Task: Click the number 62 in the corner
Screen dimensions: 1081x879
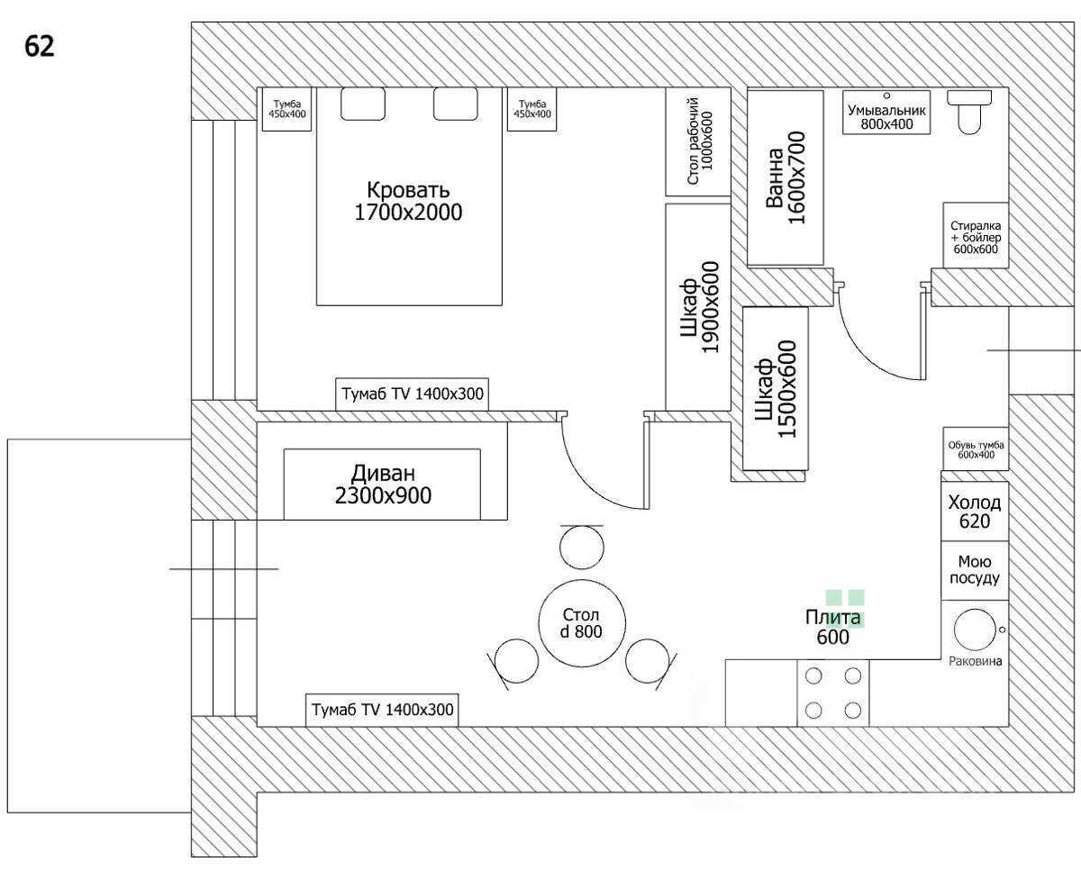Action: pos(39,46)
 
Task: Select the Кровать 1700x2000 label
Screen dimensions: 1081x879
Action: pos(408,202)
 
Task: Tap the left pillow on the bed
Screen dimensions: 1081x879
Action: pos(362,104)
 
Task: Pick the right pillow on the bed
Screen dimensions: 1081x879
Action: pos(455,104)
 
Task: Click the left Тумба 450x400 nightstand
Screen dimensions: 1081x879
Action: pos(286,109)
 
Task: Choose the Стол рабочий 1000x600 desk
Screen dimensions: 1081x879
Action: pos(698,141)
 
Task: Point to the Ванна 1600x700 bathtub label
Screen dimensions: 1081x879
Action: pos(786,177)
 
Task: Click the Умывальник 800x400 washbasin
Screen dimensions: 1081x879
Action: pos(886,112)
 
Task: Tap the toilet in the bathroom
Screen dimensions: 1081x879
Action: pos(969,112)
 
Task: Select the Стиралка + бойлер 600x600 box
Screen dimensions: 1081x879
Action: pos(976,235)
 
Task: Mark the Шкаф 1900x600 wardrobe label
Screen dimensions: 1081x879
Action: pos(699,307)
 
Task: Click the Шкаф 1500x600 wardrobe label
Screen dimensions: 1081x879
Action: pos(776,389)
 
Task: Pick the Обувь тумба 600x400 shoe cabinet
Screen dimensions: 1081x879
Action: pos(976,449)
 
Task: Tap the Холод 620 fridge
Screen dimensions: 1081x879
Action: pos(975,512)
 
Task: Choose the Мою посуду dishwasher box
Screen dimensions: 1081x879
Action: pos(975,571)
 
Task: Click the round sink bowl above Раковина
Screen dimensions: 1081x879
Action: pos(975,630)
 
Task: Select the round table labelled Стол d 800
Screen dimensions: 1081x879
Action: pos(582,623)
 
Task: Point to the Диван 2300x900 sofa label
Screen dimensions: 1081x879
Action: pos(383,485)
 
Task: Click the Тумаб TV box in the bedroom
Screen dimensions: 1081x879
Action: pos(412,394)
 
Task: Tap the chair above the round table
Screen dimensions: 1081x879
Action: pos(582,547)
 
